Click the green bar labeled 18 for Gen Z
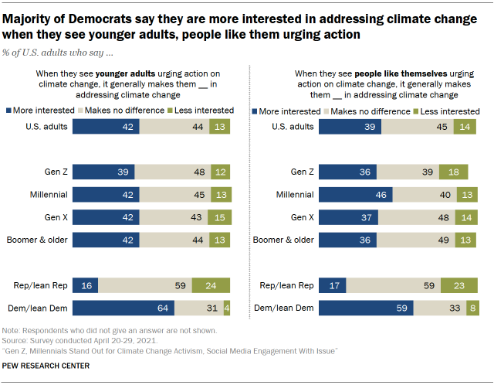point(454,172)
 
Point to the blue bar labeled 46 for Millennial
point(355,194)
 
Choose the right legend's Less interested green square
point(413,111)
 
